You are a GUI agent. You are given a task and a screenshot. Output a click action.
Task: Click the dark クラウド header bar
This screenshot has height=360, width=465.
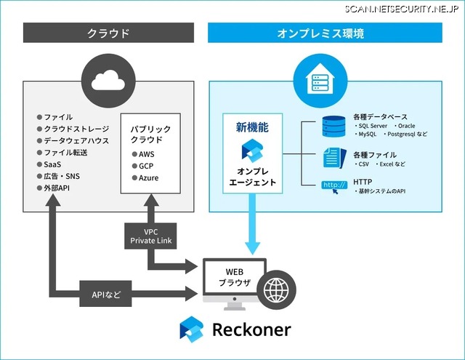[108, 33]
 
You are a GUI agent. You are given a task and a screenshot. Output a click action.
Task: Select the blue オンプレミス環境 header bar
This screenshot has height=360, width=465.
[325, 33]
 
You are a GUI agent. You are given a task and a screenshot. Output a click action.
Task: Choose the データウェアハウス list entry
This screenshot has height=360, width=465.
[76, 140]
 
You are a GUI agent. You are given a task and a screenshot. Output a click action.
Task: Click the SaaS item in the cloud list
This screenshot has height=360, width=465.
[52, 164]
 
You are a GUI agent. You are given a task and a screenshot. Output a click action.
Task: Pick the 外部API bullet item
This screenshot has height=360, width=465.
[57, 188]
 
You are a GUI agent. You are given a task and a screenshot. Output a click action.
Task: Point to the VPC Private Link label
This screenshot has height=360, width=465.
[150, 235]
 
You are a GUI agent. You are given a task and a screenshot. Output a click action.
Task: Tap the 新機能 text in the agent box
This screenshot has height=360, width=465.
[252, 127]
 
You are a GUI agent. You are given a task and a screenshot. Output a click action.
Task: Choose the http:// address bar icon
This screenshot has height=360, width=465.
[333, 186]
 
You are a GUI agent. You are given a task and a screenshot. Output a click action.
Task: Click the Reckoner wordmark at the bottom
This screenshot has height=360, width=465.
[251, 329]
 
